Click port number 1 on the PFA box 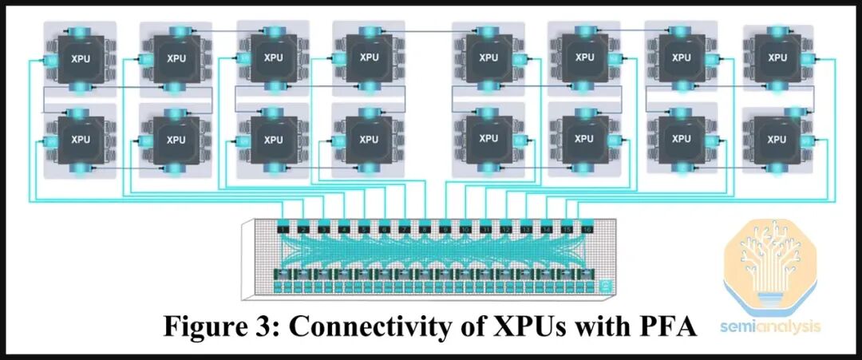pos(283,230)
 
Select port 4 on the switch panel pos(344,230)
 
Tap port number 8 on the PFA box pos(425,230)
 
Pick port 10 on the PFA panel pos(465,230)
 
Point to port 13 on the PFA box pos(526,230)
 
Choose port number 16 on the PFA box pos(587,230)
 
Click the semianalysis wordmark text pos(770,326)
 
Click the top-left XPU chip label pos(81,57)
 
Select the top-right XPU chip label pos(776,57)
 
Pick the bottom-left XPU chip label pos(81,139)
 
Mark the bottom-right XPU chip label pos(776,139)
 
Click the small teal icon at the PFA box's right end pos(605,283)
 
